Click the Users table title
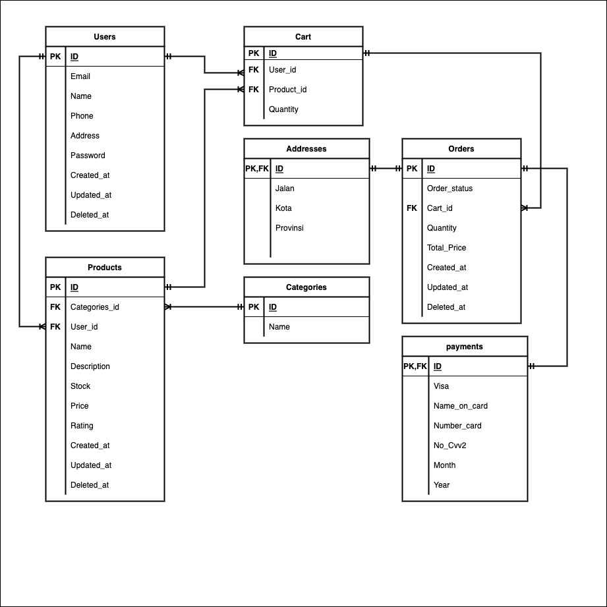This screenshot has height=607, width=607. click(x=105, y=37)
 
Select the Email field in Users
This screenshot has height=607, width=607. click(x=80, y=76)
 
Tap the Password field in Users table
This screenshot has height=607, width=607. click(x=88, y=156)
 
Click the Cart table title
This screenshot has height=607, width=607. click(x=303, y=37)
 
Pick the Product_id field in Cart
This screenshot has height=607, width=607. click(x=287, y=90)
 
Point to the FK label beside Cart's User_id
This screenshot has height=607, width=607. click(x=254, y=70)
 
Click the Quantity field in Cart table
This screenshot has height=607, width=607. click(x=283, y=109)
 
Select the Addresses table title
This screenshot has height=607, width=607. click(x=306, y=149)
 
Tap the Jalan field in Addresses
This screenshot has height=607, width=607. click(x=285, y=188)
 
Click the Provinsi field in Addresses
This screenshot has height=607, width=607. click(x=289, y=228)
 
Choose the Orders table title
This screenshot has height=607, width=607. click(x=461, y=149)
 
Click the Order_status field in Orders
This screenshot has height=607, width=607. click(x=449, y=188)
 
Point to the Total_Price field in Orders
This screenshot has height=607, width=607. click(x=446, y=248)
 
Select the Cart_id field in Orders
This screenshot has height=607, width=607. click(x=440, y=208)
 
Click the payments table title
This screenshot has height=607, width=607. click(x=465, y=347)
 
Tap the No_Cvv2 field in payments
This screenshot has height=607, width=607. click(x=449, y=446)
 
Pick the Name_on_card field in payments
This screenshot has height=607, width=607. click(x=461, y=406)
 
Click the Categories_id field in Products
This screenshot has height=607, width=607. click(x=95, y=307)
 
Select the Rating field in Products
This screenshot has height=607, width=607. click(x=82, y=426)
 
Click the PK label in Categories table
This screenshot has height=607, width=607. click(x=254, y=307)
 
